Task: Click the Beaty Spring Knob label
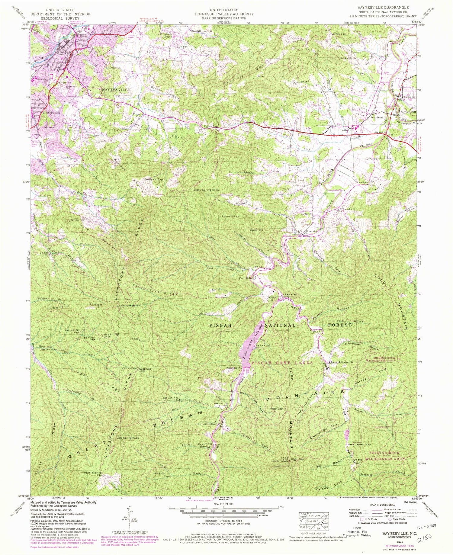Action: click(x=206, y=190)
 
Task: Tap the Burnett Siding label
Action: click(x=206, y=424)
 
